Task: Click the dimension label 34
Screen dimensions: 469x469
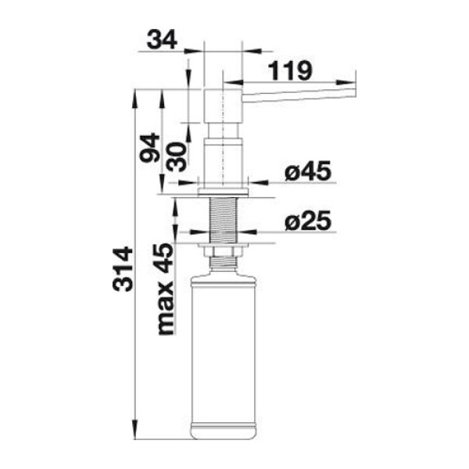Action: (162, 40)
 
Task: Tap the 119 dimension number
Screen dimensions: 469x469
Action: (290, 70)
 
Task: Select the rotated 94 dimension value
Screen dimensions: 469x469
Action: (150, 148)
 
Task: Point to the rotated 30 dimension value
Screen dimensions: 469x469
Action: (177, 157)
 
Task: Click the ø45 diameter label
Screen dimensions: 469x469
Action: (308, 170)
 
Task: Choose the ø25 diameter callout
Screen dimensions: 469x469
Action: (308, 220)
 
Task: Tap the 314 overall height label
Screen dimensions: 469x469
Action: (123, 269)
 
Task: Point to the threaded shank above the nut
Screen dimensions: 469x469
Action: (224, 220)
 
